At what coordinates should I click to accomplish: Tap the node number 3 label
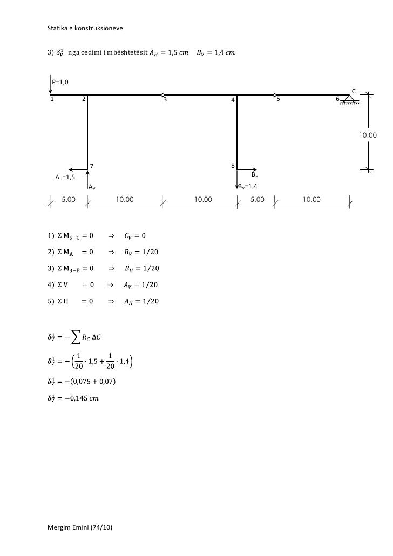[x=165, y=100]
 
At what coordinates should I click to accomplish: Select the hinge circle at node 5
[x=274, y=95]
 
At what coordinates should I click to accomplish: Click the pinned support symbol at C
[x=349, y=99]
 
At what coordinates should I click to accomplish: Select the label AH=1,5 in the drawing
[x=65, y=177]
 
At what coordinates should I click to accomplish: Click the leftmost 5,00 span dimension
[x=69, y=200]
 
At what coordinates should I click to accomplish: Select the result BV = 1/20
[x=141, y=252]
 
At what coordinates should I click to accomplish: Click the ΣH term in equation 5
[x=63, y=301]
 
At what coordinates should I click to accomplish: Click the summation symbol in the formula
[x=78, y=338]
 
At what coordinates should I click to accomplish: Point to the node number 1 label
[x=52, y=99]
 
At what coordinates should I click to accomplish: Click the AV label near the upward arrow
[x=92, y=187]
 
